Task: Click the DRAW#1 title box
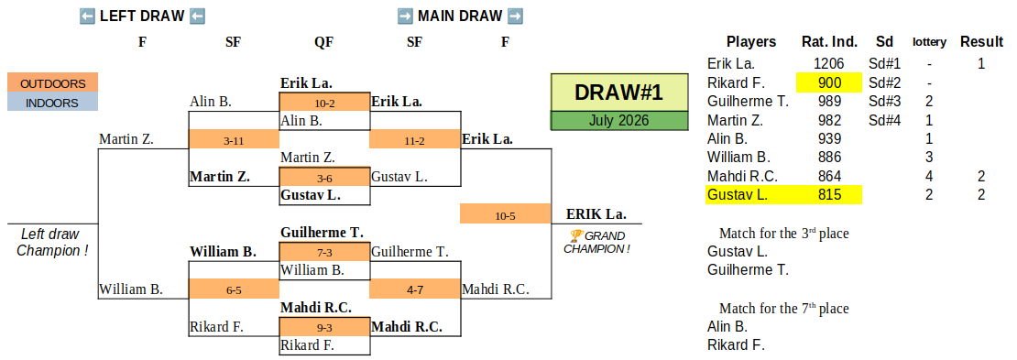tap(618, 93)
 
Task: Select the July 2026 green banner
tap(618, 121)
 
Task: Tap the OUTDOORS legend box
tap(52, 83)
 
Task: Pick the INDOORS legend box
tap(52, 103)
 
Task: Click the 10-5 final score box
tap(505, 214)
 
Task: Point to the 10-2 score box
tap(324, 103)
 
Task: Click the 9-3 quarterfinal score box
tap(324, 327)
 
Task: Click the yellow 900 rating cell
tap(829, 83)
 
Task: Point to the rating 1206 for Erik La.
tap(829, 63)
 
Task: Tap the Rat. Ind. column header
tap(829, 42)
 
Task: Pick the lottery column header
tap(929, 42)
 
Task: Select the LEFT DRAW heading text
tap(142, 16)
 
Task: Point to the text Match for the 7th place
tap(783, 308)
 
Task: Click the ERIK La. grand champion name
tap(596, 214)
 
